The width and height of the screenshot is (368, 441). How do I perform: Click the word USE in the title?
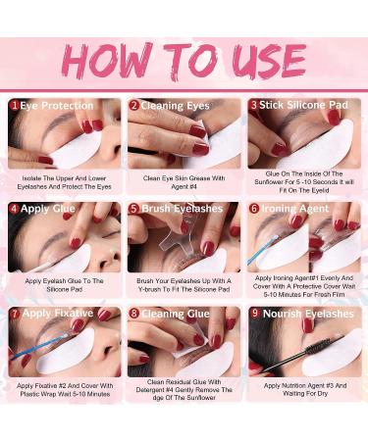click(x=269, y=61)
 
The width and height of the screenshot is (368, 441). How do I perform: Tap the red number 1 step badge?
click(x=15, y=106)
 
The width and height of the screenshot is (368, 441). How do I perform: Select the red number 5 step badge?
click(x=134, y=209)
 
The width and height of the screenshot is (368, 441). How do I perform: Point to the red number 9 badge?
click(x=255, y=313)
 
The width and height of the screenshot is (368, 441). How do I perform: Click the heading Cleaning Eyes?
click(x=175, y=106)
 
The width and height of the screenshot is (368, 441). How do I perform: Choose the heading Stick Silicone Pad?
click(x=303, y=105)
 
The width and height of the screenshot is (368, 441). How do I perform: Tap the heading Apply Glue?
click(x=48, y=209)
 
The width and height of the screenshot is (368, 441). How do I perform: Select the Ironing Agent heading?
click(x=295, y=209)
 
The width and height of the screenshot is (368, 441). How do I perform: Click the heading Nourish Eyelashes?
click(x=308, y=314)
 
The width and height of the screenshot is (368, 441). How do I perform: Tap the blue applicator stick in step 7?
click(x=38, y=346)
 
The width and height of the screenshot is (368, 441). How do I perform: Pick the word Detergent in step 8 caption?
click(x=151, y=390)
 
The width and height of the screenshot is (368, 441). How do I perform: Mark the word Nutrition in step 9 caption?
click(x=294, y=385)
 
